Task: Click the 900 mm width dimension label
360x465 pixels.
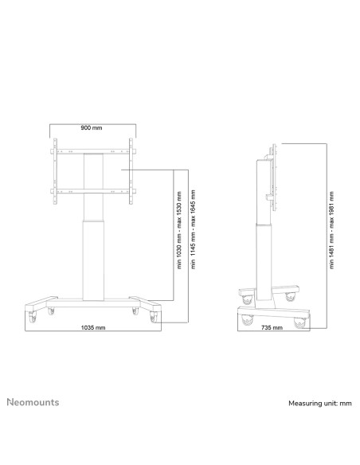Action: (92, 128)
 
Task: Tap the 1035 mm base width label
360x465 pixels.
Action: (93, 327)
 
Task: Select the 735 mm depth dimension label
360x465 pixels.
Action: (272, 327)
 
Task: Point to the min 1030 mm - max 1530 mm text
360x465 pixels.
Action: (179, 230)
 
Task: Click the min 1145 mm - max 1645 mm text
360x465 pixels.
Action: (194, 229)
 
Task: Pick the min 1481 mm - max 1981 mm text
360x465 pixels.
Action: (331, 230)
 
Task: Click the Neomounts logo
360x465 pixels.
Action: (33, 402)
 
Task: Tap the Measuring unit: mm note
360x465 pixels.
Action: (320, 404)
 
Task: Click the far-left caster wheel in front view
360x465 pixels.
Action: (32, 317)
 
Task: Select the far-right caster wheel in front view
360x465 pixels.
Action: (154, 317)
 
